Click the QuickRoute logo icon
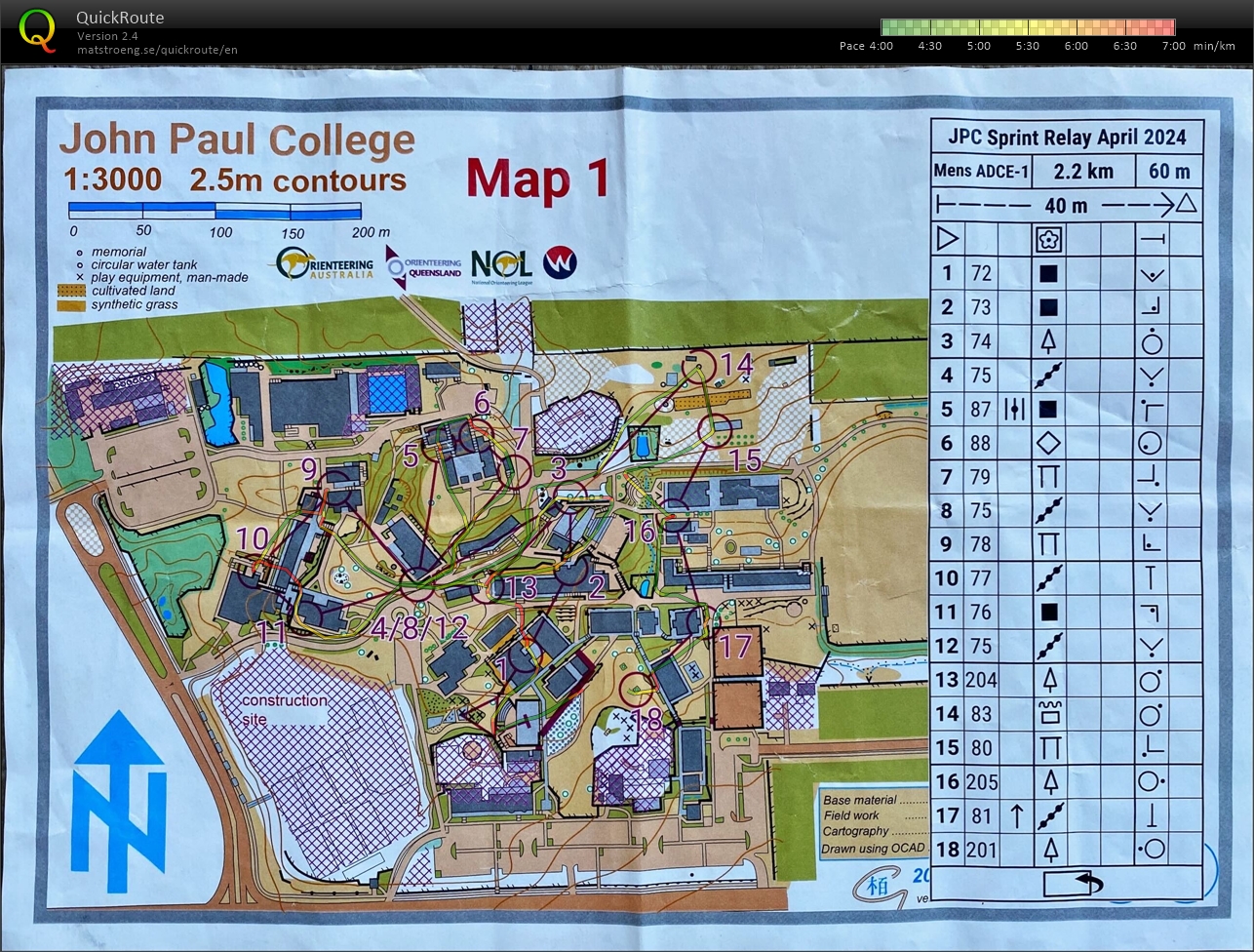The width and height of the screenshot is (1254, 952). coord(37,29)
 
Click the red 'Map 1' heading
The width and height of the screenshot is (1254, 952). coord(537,180)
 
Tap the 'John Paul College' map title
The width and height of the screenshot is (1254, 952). coord(237,140)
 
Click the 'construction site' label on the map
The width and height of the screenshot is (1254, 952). coord(284,709)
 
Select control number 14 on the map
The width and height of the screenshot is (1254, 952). coord(737,365)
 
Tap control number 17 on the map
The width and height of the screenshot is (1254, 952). coord(735,645)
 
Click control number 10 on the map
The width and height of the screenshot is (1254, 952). coord(252,537)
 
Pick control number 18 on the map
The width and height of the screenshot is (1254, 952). coord(647,721)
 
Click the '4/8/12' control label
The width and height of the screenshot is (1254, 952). coord(420,627)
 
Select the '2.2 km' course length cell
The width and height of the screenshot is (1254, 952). coord(1083,171)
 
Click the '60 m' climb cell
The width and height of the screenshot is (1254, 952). coord(1168,171)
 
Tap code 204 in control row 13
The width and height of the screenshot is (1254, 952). coord(981,680)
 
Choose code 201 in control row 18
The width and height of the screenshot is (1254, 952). coord(981,849)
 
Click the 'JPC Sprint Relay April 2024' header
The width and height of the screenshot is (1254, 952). coord(1066,137)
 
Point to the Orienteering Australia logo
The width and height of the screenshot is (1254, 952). coord(325,264)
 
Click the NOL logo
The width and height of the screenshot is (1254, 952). coord(501,264)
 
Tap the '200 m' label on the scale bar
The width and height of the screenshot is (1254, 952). coord(370,232)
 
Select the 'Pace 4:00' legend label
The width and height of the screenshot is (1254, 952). coord(866,46)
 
